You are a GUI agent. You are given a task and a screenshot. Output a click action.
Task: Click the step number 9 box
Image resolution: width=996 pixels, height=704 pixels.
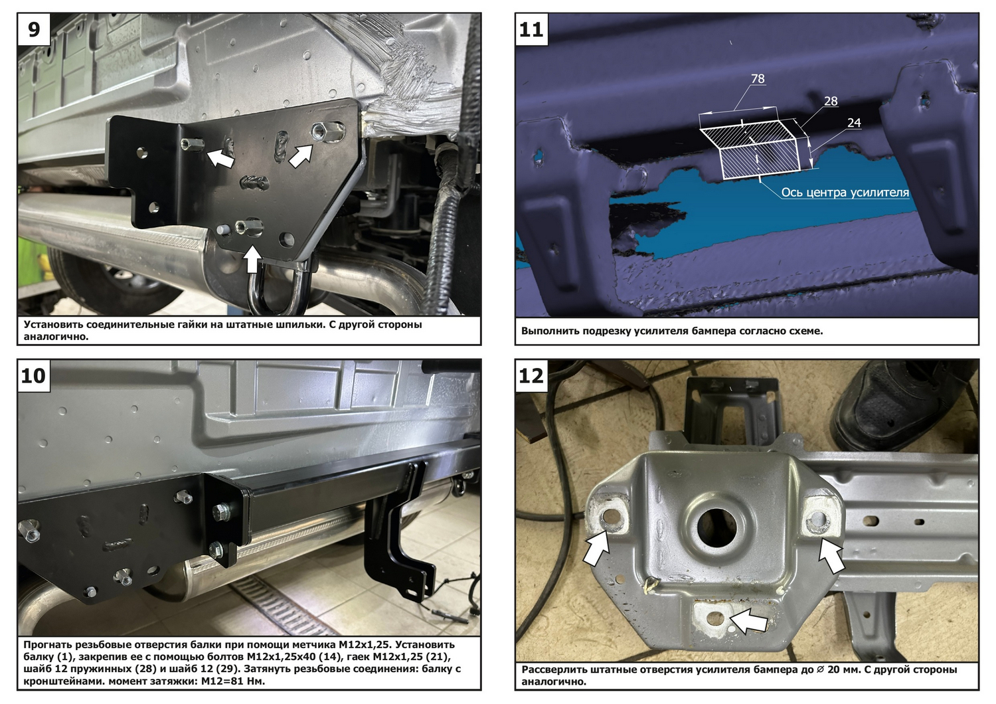(34, 29)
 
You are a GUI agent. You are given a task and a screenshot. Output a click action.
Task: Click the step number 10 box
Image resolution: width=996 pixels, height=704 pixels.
(34, 376)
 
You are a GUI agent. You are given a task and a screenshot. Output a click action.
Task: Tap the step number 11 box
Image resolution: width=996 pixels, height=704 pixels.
(531, 29)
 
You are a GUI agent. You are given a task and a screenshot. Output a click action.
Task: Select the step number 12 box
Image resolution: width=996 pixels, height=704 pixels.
(531, 376)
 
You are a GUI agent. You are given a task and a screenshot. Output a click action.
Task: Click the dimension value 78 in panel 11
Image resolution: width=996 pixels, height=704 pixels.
(758, 79)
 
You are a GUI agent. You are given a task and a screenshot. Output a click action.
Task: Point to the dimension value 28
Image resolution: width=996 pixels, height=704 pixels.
(831, 102)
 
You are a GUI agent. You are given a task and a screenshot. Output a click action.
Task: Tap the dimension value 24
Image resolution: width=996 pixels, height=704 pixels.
(854, 123)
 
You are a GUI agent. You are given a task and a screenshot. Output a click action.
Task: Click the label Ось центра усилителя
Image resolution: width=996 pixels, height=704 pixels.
(845, 193)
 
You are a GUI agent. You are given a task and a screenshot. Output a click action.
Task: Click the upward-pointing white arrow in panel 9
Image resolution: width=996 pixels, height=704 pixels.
(252, 260)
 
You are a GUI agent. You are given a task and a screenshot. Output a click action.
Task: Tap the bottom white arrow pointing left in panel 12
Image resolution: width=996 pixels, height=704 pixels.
(749, 621)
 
